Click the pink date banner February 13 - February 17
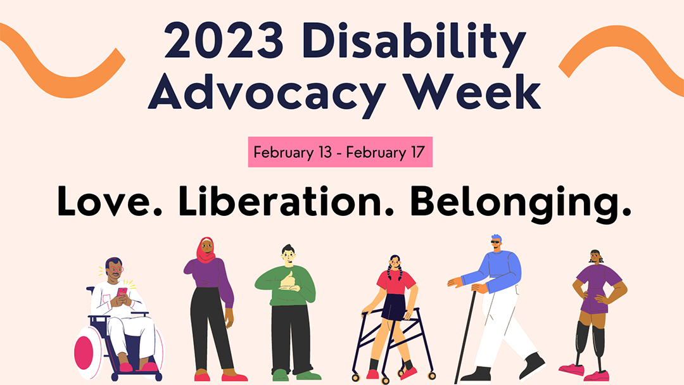click(x=339, y=153)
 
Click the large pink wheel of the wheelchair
click(x=85, y=351)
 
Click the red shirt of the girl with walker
click(x=396, y=281)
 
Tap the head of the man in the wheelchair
click(x=113, y=269)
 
